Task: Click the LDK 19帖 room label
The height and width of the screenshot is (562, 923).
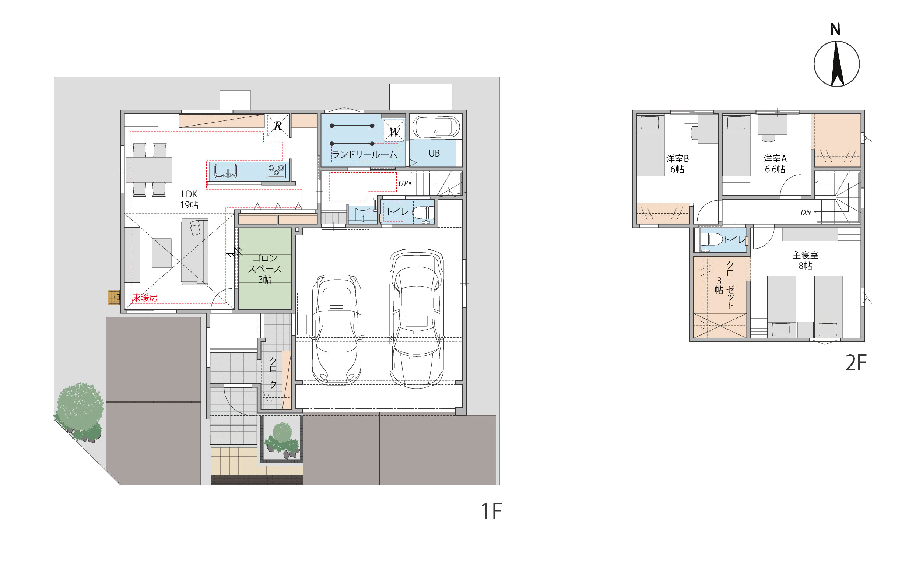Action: pos(189,199)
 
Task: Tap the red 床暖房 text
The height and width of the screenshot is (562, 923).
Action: pos(145,298)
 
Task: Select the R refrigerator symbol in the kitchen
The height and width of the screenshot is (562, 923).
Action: pos(278,126)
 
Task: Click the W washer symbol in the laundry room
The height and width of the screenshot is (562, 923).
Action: pos(394,131)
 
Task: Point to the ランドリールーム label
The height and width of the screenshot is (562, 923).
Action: pos(364,154)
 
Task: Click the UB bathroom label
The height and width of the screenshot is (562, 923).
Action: pos(434,153)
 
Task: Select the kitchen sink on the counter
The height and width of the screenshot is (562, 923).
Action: pos(225,171)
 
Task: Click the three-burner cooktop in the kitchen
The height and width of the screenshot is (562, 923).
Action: pos(277,171)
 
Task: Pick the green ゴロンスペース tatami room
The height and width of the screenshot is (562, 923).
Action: pos(265,268)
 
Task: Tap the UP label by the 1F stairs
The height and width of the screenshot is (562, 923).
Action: pos(403,183)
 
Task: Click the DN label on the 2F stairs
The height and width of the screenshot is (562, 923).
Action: pos(806,212)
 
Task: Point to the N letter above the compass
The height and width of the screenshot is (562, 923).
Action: pos(835,29)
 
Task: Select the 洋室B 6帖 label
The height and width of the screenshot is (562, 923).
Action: pos(677,164)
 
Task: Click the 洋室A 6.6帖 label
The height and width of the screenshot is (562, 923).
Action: pos(775,164)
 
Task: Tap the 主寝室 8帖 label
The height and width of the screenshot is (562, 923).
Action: pos(806,260)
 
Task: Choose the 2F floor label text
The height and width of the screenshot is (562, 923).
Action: pos(856,363)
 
